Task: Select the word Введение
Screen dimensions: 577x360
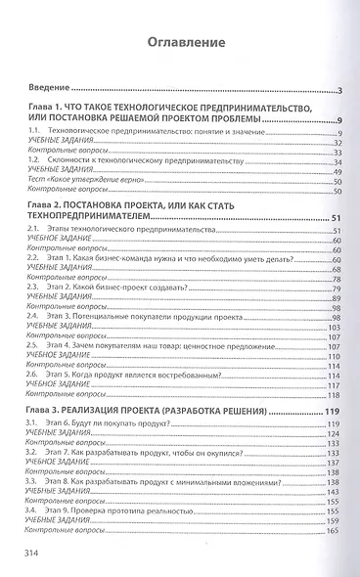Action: [43, 91]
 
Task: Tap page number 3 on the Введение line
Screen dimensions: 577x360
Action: [337, 91]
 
